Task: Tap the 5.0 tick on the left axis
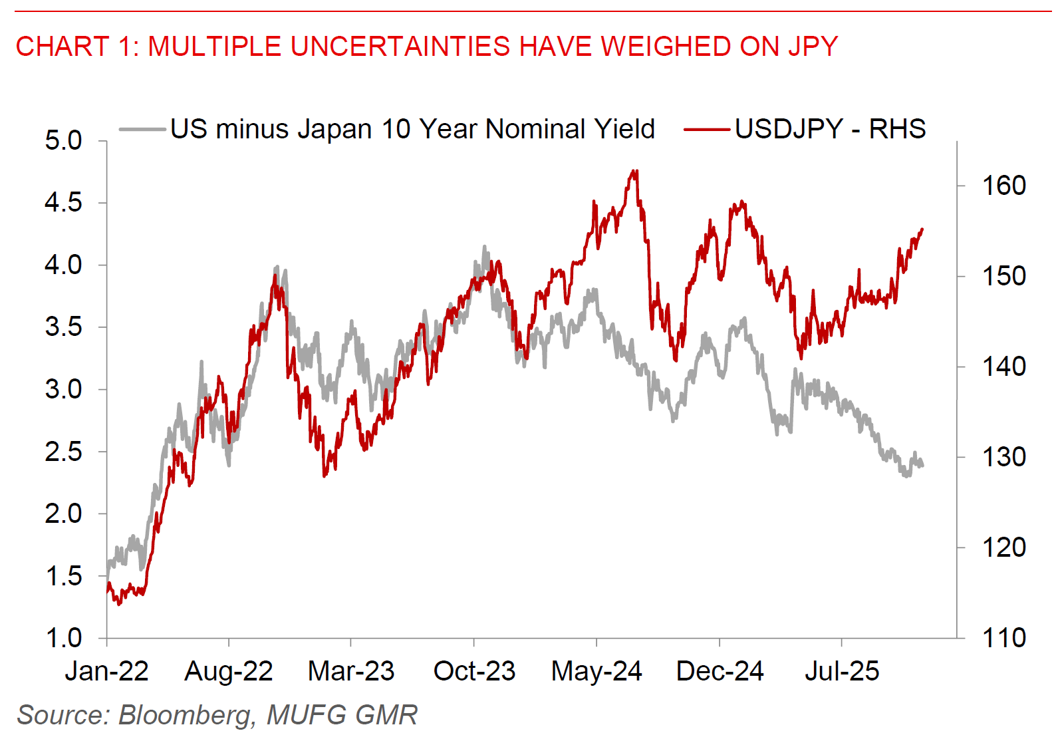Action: [63, 140]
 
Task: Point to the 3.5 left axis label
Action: [63, 327]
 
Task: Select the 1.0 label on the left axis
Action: [63, 638]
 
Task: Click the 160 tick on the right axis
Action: [1003, 186]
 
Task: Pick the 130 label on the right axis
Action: [1003, 457]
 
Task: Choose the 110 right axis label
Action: [1003, 638]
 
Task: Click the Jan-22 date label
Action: [106, 671]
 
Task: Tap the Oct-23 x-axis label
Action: [474, 671]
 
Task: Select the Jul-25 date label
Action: [842, 671]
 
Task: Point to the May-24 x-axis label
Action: [596, 671]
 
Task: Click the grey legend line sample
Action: [142, 129]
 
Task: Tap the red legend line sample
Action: [707, 129]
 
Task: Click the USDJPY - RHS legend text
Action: [830, 129]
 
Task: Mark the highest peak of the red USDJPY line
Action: [636, 171]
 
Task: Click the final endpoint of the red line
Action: [922, 229]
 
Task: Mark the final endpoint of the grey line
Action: [922, 466]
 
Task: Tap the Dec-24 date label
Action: [720, 671]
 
